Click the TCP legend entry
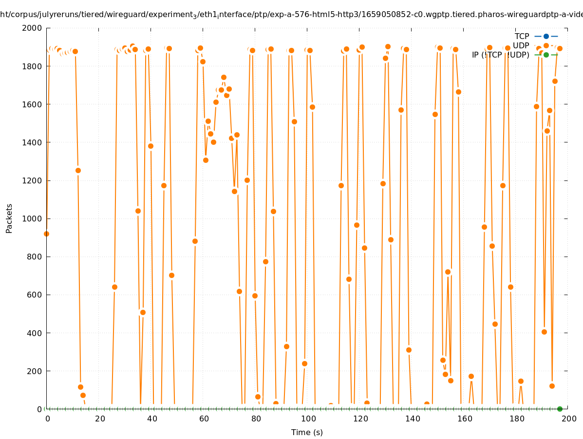tap(522, 36)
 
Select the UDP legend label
tap(521, 45)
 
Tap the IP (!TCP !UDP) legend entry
tap(500, 55)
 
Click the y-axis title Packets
tap(9, 218)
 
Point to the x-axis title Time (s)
tap(307, 432)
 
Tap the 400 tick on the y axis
tap(34, 333)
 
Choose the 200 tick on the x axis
tap(568, 419)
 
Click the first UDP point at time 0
tap(46, 234)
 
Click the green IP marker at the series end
tap(560, 409)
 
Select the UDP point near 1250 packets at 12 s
tap(78, 170)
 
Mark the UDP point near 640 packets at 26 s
tap(114, 287)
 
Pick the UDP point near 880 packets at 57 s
tap(195, 241)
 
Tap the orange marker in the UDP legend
tap(546, 45)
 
